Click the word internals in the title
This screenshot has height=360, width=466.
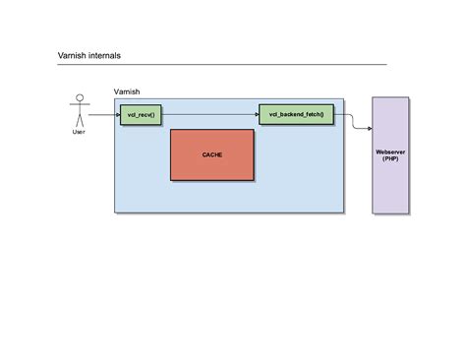(x=103, y=57)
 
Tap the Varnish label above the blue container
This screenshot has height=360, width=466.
(x=127, y=91)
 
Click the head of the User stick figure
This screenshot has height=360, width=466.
(x=79, y=99)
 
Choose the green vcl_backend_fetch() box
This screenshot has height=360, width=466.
(x=296, y=115)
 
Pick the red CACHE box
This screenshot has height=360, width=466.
(x=212, y=154)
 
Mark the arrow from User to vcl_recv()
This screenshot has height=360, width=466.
(x=103, y=115)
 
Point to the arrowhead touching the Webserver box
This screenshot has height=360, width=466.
(x=369, y=128)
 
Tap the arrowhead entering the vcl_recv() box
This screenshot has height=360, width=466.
(x=117, y=115)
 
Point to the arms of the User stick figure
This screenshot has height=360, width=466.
(x=79, y=107)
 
